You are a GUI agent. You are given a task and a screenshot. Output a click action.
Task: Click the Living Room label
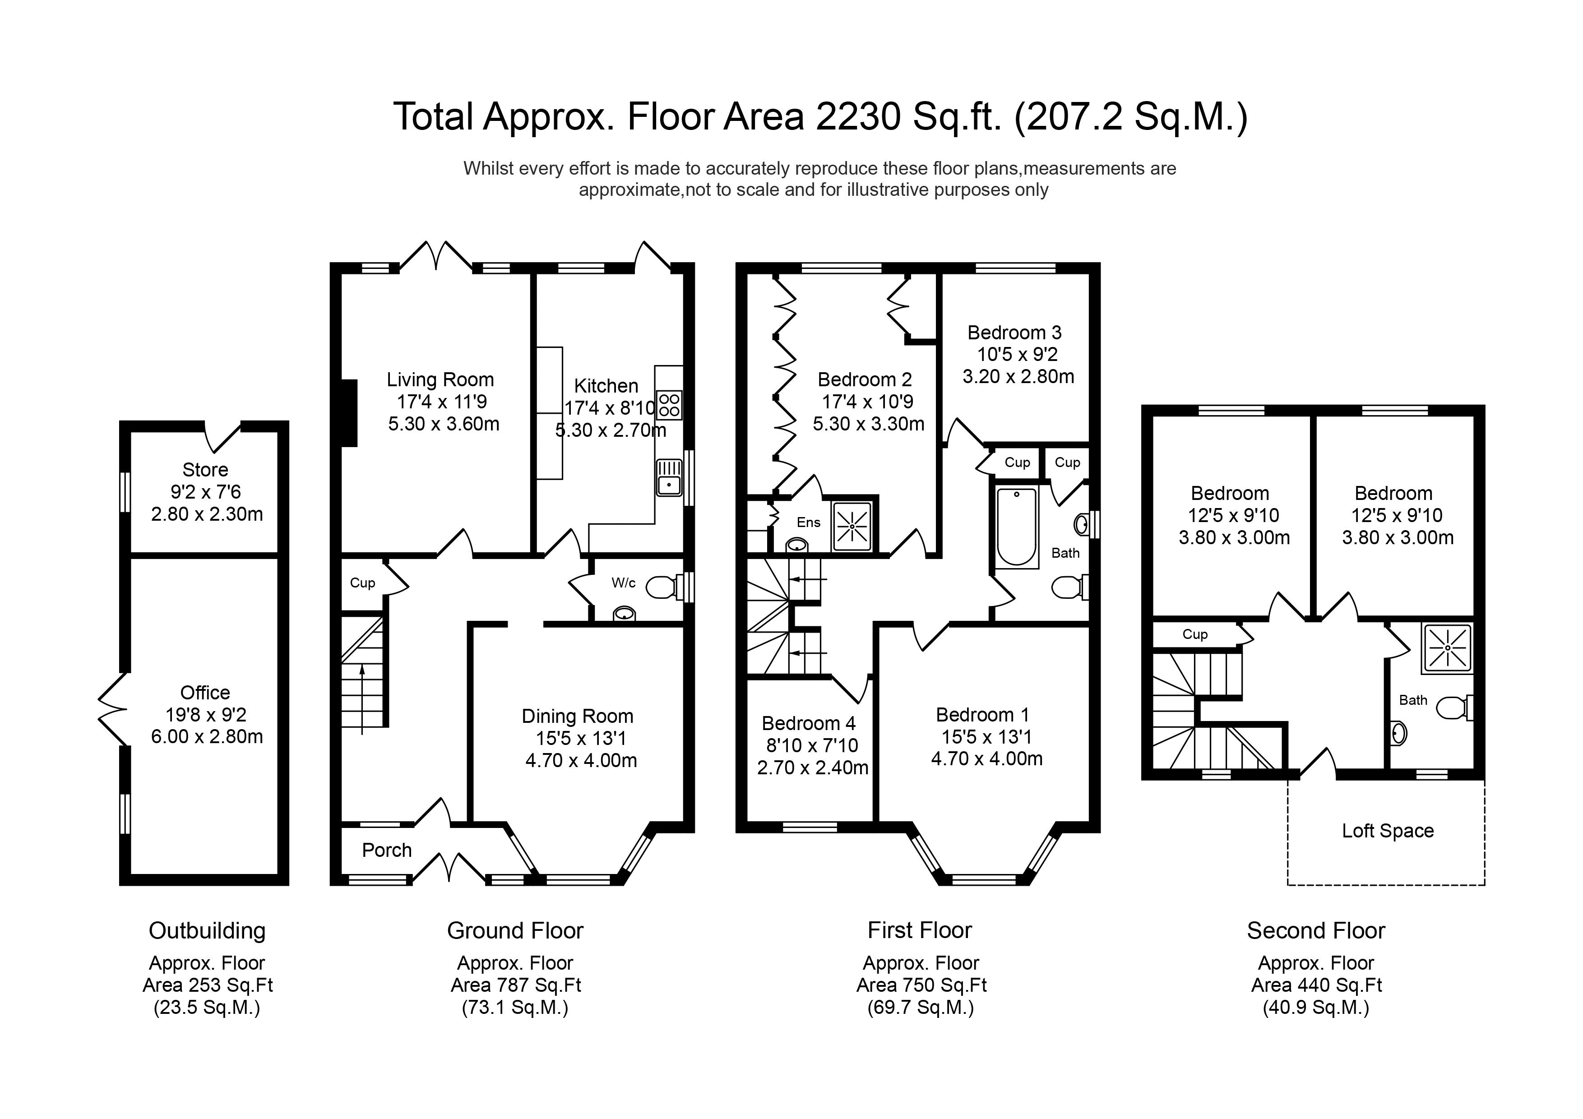coord(440,380)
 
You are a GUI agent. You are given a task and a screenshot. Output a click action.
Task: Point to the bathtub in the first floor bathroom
coord(1016,526)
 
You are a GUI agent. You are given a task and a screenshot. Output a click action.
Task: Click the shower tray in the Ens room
coord(852,526)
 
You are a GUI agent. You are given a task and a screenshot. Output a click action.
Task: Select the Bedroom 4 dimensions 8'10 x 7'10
coord(812,745)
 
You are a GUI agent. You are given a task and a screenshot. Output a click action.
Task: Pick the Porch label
coord(386,850)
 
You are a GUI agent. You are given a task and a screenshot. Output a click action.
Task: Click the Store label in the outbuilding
coord(205,470)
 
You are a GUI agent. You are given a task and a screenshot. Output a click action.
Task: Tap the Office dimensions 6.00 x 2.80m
coord(207,736)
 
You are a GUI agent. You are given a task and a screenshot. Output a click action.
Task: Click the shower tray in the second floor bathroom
coord(1447,648)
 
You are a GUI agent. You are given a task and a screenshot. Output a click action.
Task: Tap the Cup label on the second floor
coord(1195,634)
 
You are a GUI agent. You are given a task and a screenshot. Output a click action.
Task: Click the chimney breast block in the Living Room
coord(349,413)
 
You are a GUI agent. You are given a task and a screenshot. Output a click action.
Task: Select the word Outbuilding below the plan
coord(207,931)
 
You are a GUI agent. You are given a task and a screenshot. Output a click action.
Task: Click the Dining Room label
coord(577,717)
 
